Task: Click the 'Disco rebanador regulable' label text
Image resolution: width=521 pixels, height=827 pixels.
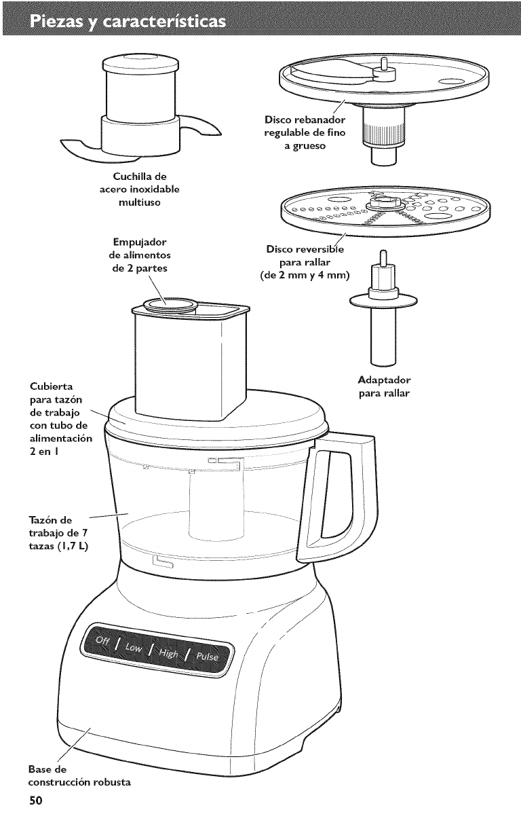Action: pyautogui.click(x=304, y=132)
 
